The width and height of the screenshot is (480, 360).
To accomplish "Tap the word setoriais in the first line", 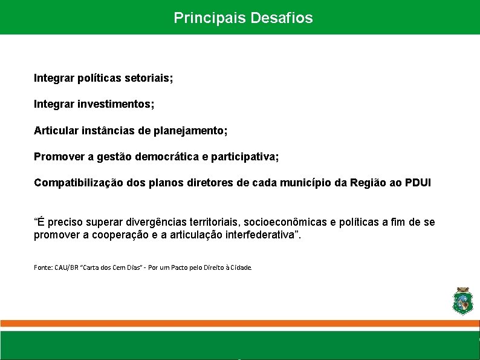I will click(x=149, y=78).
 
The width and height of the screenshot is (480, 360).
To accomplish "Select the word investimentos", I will click(x=116, y=105).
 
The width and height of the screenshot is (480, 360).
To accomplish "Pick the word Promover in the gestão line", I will click(x=59, y=157).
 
